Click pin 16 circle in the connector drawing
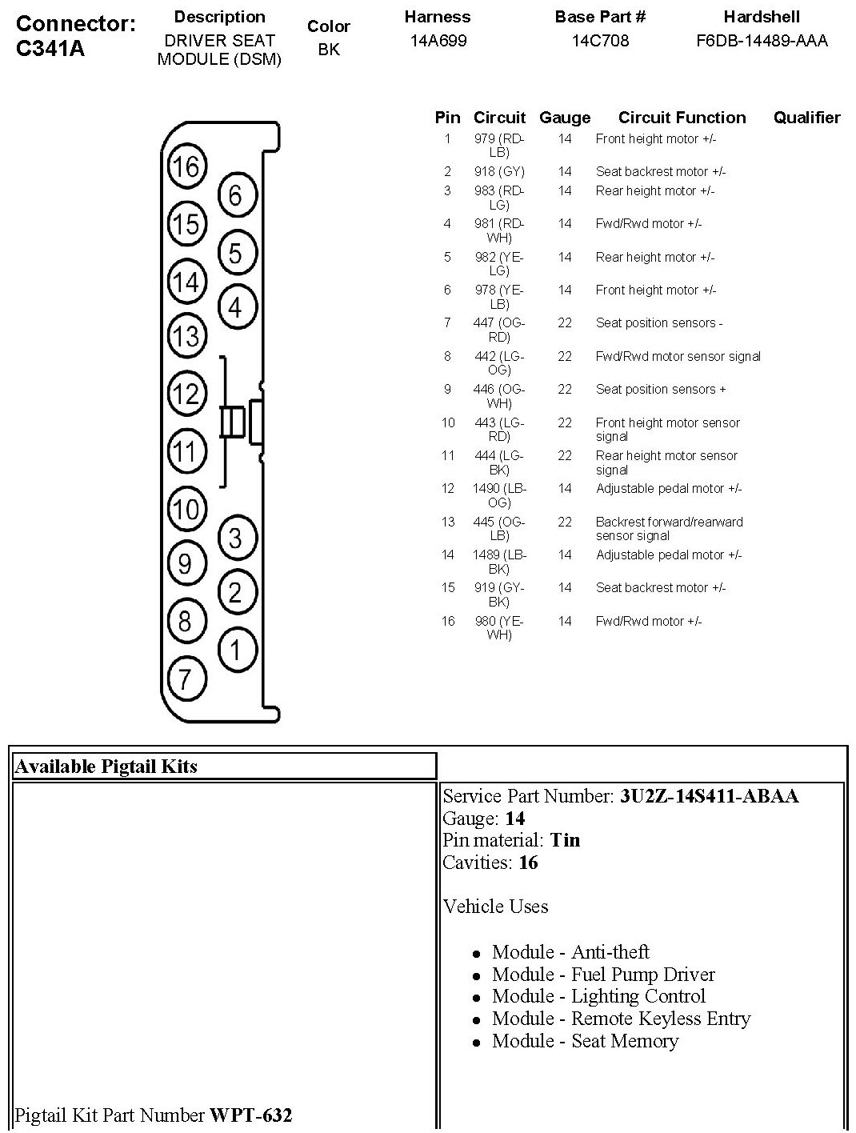(x=186, y=166)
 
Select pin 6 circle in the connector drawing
(x=236, y=194)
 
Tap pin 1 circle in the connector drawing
(x=236, y=649)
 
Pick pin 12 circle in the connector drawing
(x=186, y=393)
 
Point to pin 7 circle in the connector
(x=185, y=679)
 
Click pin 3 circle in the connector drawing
(x=236, y=537)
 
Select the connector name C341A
(x=50, y=49)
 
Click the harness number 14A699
(x=438, y=40)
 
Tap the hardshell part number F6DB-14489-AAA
(x=762, y=40)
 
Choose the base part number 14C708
(x=600, y=40)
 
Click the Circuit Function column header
(x=682, y=118)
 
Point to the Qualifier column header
(x=806, y=118)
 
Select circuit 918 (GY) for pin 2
(x=499, y=171)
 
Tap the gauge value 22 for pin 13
(x=565, y=522)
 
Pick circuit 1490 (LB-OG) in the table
(x=498, y=495)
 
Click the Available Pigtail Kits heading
(x=106, y=767)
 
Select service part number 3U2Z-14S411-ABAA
(x=709, y=796)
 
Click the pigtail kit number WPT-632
(x=250, y=1115)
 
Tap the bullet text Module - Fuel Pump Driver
(x=603, y=975)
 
